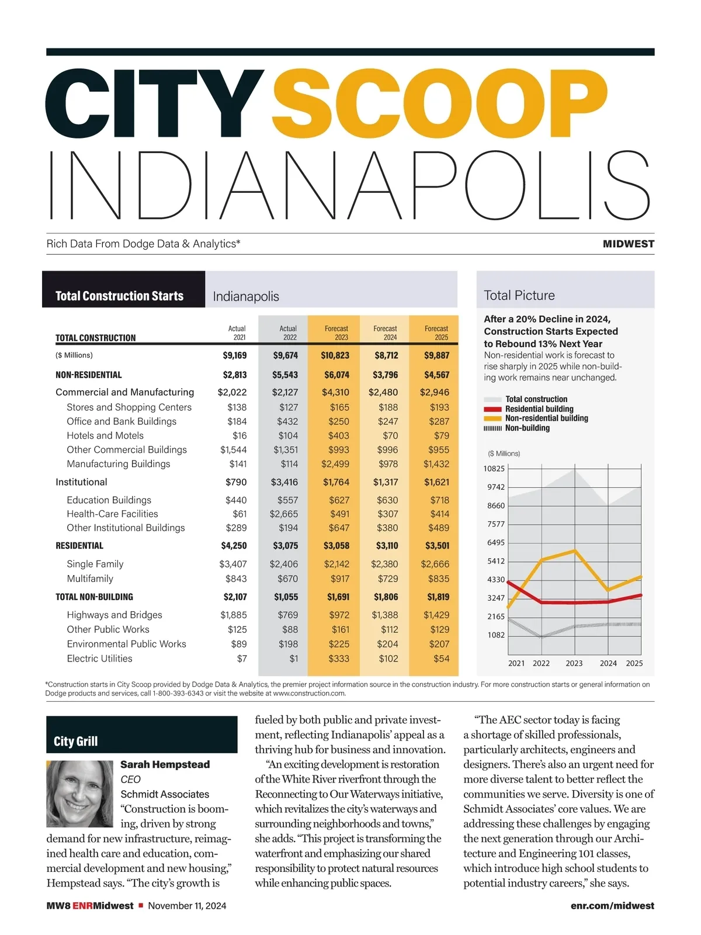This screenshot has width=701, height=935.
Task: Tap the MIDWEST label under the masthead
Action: (628, 244)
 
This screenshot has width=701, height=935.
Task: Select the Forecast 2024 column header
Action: (385, 333)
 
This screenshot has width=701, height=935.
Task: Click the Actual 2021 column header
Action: (237, 333)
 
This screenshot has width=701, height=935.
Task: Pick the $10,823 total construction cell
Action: (335, 355)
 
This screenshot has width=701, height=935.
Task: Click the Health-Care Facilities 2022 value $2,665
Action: (284, 514)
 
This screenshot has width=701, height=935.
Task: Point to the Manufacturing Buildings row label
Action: (119, 464)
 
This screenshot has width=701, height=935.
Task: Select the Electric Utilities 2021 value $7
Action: (242, 659)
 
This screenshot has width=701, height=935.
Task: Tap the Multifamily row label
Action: (90, 579)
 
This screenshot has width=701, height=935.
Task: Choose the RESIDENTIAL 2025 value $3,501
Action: (437, 546)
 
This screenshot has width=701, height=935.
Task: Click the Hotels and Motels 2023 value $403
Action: (338, 435)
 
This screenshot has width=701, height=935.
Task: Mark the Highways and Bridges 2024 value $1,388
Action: (385, 615)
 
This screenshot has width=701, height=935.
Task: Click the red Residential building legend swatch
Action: (492, 409)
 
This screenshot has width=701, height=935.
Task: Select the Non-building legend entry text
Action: (527, 428)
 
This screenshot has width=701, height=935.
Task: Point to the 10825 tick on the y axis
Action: (494, 469)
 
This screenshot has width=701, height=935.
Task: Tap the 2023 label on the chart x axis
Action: (574, 663)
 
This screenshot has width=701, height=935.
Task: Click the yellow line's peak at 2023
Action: (575, 550)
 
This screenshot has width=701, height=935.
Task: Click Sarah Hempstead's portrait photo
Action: (79, 793)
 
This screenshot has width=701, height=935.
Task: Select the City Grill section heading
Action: (76, 742)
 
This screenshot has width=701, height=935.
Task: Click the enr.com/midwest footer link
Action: (612, 906)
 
